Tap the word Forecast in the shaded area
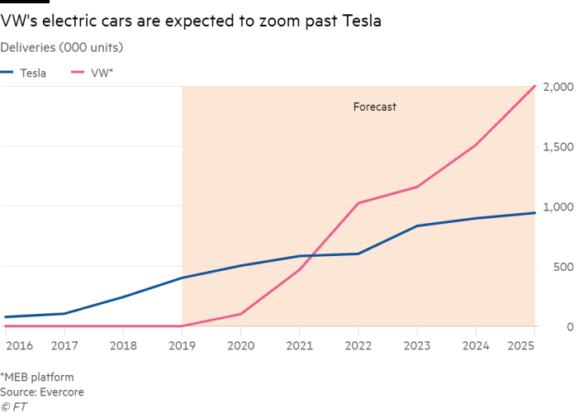[x=375, y=107]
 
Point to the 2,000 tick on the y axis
[x=558, y=87]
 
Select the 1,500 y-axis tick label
[x=558, y=147]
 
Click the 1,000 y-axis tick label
[x=558, y=206]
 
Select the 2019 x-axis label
[x=182, y=345]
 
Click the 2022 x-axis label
[x=358, y=345]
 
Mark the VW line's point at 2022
[x=358, y=203]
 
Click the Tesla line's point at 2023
[x=416, y=226]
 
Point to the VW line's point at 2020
[x=240, y=314]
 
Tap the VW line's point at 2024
[x=475, y=145]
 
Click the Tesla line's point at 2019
[x=182, y=278]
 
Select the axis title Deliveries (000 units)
[x=62, y=47]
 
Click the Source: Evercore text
[x=42, y=392]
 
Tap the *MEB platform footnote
[x=37, y=377]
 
